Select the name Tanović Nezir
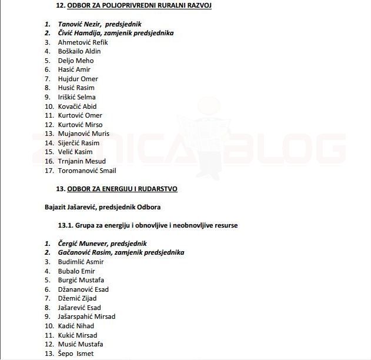click(79, 24)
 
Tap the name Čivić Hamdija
click(80, 33)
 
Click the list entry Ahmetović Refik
click(83, 42)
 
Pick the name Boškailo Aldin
click(79, 51)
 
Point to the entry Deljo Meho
click(76, 61)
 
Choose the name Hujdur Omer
click(78, 79)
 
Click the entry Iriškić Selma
click(76, 97)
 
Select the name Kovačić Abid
click(77, 106)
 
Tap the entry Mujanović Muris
click(83, 134)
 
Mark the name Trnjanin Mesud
click(82, 161)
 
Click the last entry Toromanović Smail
click(87, 171)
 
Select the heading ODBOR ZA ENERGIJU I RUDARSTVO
click(122, 189)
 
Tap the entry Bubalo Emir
click(76, 271)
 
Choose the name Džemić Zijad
click(76, 298)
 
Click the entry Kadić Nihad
click(76, 326)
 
